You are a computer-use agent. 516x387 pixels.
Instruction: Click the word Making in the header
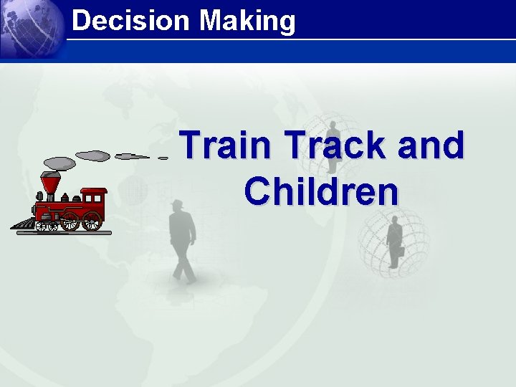pos(247,21)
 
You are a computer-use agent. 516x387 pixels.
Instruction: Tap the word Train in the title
pos(229,145)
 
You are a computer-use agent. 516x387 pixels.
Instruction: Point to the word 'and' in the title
pos(428,145)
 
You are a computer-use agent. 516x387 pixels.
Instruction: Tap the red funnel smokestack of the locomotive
pos(50,184)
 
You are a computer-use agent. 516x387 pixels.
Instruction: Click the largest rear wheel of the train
pos(92,221)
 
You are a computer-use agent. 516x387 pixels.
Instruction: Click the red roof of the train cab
pos(93,191)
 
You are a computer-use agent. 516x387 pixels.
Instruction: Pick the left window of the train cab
pos(88,200)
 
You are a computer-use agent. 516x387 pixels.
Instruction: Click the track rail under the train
pos(72,231)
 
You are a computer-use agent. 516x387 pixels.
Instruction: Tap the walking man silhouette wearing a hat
pos(182,241)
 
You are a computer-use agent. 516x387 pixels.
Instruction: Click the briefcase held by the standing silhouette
pos(401,251)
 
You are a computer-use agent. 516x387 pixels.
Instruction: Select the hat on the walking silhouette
pos(177,204)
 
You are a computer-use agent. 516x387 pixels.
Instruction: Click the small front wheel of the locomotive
pos(45,226)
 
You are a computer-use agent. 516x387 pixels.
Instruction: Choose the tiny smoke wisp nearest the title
pos(163,158)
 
